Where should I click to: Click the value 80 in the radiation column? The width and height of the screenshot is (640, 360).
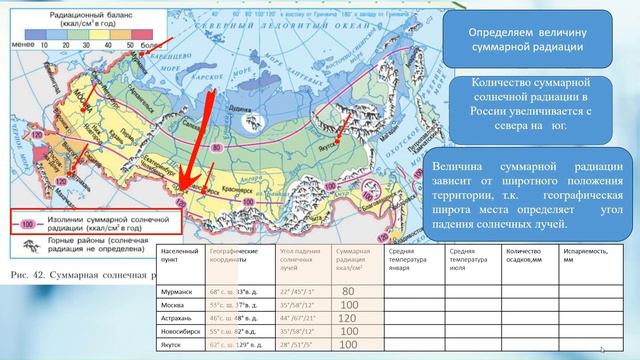[x=349, y=291]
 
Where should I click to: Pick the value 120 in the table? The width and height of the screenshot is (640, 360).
[x=349, y=316]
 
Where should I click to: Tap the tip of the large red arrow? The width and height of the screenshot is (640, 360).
[x=182, y=196]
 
